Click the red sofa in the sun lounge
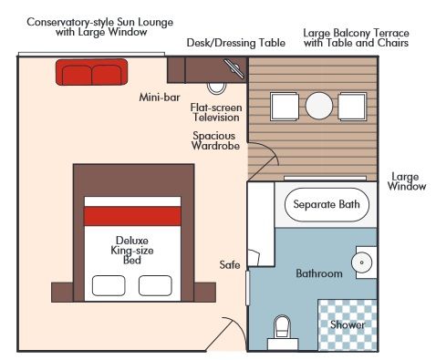[91, 70]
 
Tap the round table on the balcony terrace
[320, 107]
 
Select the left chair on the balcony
[285, 107]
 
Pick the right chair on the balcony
[356, 107]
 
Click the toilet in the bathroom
[281, 327]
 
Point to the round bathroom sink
[362, 262]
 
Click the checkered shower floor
[347, 324]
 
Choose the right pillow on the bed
[155, 285]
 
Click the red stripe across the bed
[132, 216]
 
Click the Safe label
[230, 265]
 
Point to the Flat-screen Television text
[215, 112]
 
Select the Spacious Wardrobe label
[216, 141]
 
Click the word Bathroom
[319, 273]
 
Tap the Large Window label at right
[407, 181]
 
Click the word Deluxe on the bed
[133, 240]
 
